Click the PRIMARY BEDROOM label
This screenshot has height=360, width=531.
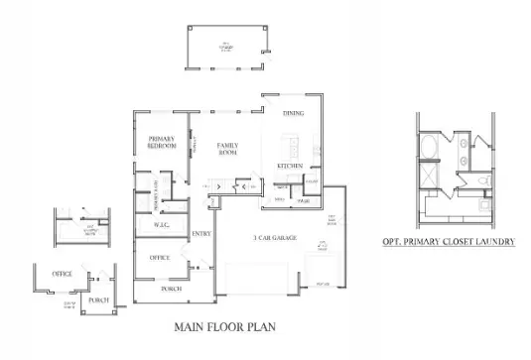tap(161, 141)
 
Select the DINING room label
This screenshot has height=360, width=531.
tap(293, 114)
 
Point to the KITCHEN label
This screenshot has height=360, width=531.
tap(290, 165)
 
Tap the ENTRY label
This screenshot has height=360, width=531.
tap(200, 234)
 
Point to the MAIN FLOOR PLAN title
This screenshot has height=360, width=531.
tap(224, 325)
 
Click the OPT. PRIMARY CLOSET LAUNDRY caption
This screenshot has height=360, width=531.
tap(448, 241)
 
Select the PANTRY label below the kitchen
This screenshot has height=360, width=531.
tap(304, 201)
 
